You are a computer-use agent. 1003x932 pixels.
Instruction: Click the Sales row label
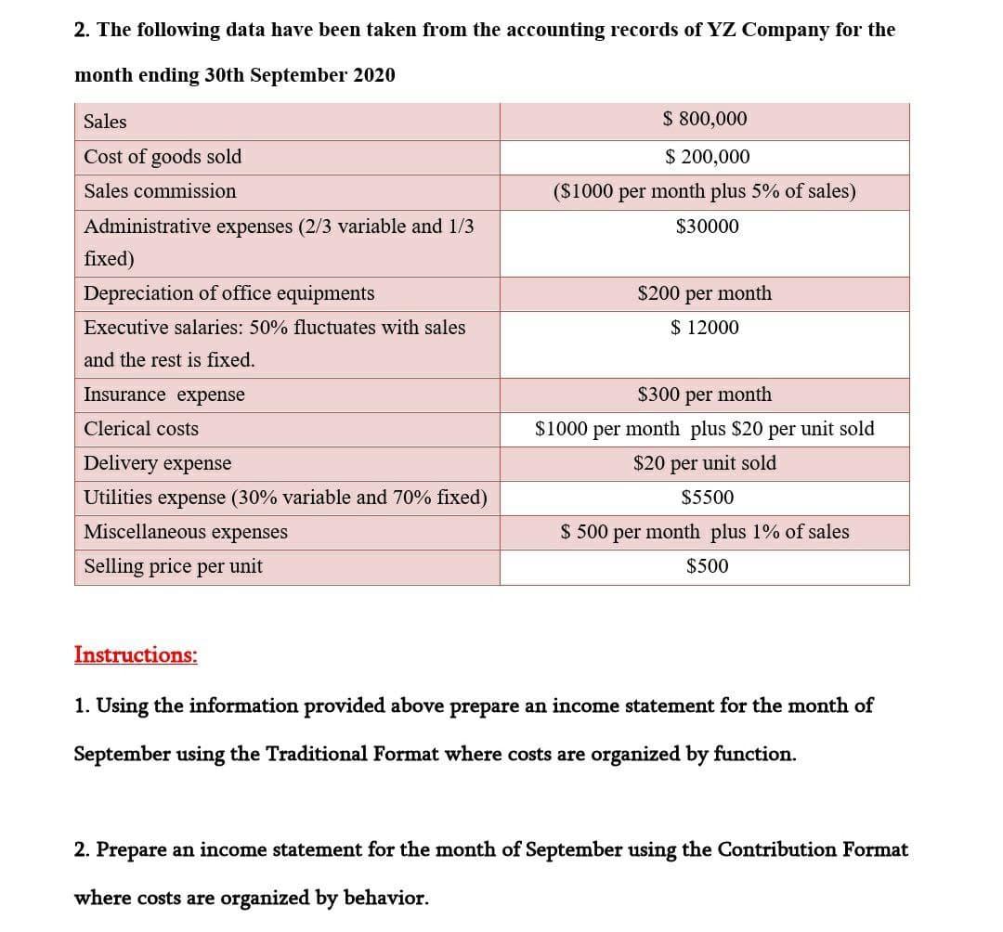click(105, 122)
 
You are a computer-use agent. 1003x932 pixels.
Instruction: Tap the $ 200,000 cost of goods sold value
click(707, 157)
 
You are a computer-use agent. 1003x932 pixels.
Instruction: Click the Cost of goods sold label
click(163, 157)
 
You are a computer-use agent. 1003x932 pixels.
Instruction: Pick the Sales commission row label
click(160, 191)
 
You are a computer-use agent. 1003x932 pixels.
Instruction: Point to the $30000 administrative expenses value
click(707, 226)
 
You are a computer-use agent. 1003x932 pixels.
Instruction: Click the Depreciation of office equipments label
click(229, 293)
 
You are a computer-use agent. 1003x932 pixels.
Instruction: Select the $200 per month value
click(704, 293)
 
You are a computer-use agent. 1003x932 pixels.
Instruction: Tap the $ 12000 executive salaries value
click(705, 328)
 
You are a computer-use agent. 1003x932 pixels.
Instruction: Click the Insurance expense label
click(164, 395)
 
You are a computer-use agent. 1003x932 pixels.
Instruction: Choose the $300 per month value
click(704, 395)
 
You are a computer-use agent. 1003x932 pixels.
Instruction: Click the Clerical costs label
click(141, 429)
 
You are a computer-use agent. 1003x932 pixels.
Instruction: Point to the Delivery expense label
click(158, 463)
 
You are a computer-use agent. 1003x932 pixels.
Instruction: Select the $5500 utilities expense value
click(707, 498)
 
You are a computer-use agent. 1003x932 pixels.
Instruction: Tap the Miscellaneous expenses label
click(186, 532)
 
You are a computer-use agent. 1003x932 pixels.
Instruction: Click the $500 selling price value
click(707, 566)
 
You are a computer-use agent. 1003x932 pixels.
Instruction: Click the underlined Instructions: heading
click(136, 654)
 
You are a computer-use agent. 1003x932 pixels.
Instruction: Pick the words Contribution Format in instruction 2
click(813, 849)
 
